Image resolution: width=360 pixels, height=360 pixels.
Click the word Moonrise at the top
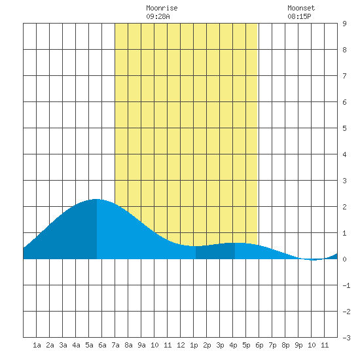[162, 8]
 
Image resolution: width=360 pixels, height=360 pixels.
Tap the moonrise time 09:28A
[158, 16]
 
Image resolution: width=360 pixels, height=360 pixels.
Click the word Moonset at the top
[301, 8]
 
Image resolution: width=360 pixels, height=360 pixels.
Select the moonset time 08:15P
[299, 16]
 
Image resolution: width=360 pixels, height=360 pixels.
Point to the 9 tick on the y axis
[344, 24]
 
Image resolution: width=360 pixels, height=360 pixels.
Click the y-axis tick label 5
[344, 128]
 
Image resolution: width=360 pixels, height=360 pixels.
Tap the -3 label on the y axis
[346, 338]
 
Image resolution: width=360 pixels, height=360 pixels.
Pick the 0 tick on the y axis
[344, 259]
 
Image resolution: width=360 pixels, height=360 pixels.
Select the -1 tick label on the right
[346, 285]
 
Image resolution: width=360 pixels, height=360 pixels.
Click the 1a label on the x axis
[37, 345]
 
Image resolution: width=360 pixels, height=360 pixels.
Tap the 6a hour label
[102, 345]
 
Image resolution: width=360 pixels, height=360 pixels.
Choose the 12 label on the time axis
[181, 345]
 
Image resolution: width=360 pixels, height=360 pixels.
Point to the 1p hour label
[194, 345]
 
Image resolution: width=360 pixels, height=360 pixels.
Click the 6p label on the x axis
[259, 345]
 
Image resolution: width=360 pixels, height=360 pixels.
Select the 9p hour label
[298, 345]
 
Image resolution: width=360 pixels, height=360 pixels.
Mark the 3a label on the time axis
[63, 345]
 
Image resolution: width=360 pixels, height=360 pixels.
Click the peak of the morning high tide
[96, 199]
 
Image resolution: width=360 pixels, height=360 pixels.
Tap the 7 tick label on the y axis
[344, 76]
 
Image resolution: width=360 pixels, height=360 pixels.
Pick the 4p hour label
[233, 345]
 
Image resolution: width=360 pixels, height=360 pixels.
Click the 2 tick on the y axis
[344, 207]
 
